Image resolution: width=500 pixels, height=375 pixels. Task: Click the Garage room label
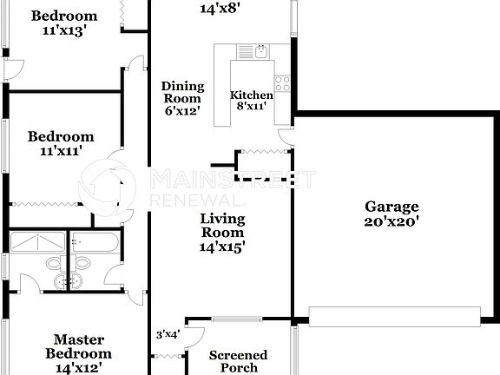[391, 207]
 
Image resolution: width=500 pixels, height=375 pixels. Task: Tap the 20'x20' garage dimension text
[391, 220]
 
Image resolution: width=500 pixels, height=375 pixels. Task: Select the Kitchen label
[251, 95]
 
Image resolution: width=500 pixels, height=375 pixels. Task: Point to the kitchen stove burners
[282, 83]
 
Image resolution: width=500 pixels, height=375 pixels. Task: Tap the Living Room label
[222, 226]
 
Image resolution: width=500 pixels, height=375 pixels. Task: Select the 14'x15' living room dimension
[222, 247]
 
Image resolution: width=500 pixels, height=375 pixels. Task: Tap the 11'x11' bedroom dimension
[60, 151]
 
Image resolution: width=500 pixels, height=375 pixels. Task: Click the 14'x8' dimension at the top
[220, 10]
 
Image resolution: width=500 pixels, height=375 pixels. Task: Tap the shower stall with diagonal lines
[37, 241]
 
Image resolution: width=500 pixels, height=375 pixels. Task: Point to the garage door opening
[395, 315]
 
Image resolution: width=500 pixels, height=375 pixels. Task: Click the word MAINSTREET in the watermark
[233, 180]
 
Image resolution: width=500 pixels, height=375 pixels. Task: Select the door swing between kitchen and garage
[284, 136]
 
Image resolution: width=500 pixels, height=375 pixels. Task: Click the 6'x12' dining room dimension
[182, 112]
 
